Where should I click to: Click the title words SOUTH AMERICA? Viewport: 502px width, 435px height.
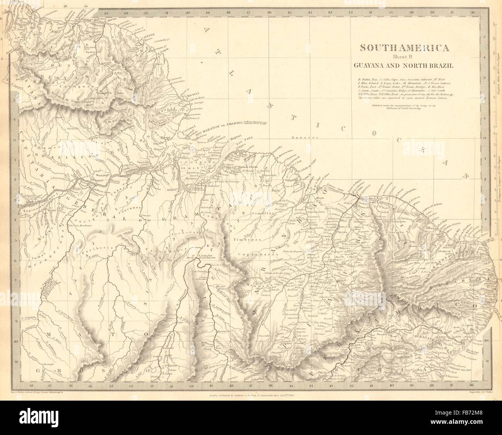coord(404,48)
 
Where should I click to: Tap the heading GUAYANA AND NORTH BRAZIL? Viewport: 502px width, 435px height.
coord(404,65)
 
